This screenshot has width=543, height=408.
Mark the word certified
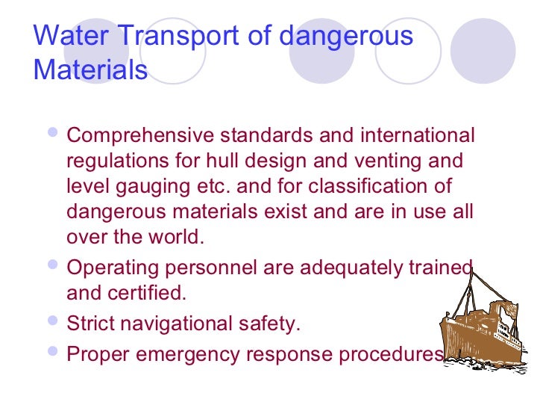(148, 292)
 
